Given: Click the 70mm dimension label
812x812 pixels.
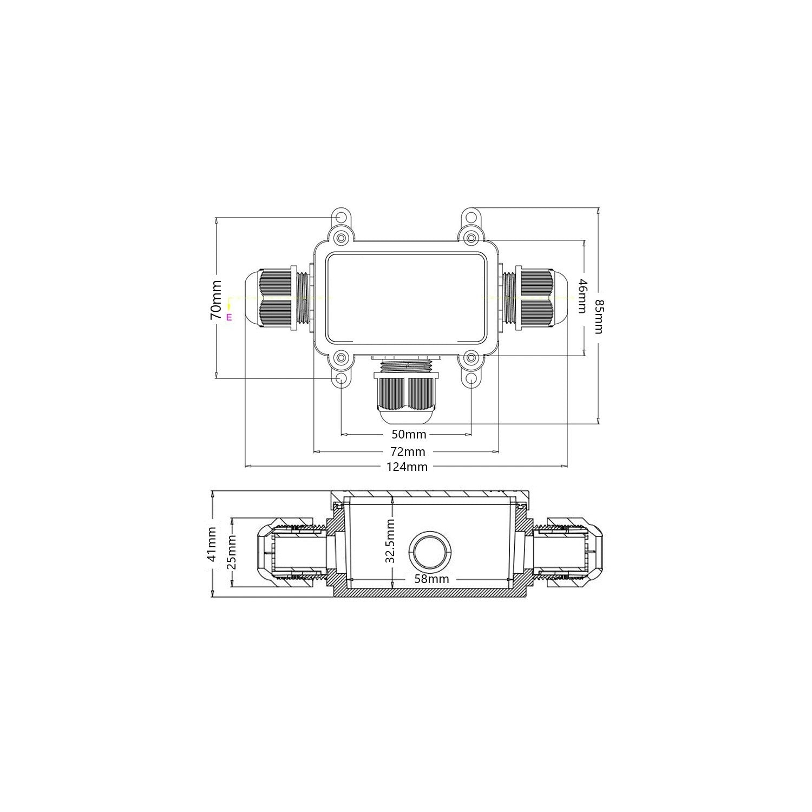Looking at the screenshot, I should [x=215, y=299].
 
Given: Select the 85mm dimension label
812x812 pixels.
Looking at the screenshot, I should [x=598, y=316].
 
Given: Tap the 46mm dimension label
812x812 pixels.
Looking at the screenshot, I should [x=582, y=296].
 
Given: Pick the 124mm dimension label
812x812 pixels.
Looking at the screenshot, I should [x=407, y=467].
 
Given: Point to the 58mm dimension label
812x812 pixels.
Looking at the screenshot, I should [x=431, y=579].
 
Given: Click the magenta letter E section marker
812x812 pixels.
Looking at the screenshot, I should [x=229, y=317].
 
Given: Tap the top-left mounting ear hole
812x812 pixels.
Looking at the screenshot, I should [x=341, y=218].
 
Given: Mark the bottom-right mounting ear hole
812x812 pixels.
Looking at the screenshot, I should [x=472, y=378].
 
